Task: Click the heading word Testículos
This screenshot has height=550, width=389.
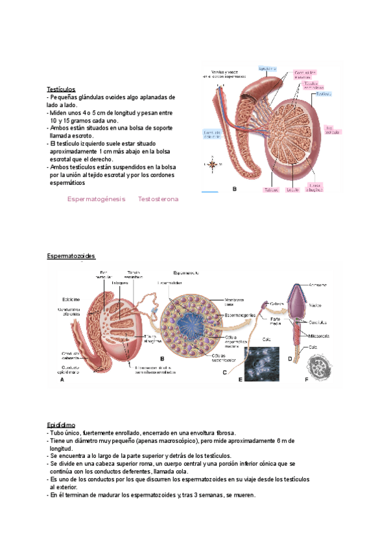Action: coord(61,89)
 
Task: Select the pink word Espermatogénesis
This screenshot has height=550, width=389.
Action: coord(96,199)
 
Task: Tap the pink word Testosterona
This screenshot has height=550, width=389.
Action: coord(158,199)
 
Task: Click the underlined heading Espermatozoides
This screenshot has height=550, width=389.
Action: coord(71,257)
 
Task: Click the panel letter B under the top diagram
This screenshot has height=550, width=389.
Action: coord(234,189)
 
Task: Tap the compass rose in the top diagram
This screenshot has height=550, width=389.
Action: coord(211,165)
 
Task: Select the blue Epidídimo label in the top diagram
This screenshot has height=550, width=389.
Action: coord(268,68)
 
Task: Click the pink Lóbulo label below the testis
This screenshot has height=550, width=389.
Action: coord(292,190)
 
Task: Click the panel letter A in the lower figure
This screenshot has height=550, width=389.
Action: coord(62,381)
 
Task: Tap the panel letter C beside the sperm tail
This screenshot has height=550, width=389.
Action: coord(224,372)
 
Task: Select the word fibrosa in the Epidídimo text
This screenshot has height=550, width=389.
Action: coord(221,433)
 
